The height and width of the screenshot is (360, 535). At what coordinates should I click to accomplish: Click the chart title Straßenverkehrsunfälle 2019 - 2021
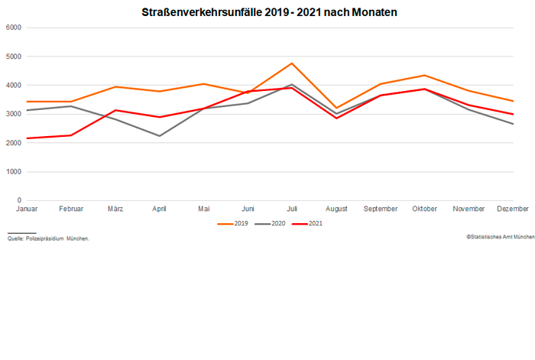pyautogui.click(x=269, y=13)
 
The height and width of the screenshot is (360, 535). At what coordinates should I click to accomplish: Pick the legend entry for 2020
pyautogui.click(x=271, y=223)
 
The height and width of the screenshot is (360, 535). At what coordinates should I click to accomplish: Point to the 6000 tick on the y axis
pyautogui.click(x=12, y=28)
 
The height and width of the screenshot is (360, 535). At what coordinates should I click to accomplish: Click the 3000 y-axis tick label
pyautogui.click(x=12, y=115)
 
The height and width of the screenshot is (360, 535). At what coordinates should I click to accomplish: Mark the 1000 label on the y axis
pyautogui.click(x=12, y=172)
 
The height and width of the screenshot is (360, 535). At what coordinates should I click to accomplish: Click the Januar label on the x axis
pyautogui.click(x=27, y=209)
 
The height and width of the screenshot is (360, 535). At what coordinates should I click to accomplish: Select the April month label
pyautogui.click(x=160, y=209)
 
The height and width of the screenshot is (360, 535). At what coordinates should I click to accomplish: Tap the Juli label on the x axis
pyautogui.click(x=292, y=209)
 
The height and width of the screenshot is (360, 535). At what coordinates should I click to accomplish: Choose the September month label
pyautogui.click(x=381, y=209)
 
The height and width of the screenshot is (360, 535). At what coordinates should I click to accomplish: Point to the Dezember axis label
pyautogui.click(x=512, y=209)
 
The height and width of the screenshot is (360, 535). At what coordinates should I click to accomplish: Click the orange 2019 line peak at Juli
pyautogui.click(x=292, y=63)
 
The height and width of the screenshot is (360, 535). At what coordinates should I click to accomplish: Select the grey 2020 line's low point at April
pyautogui.click(x=160, y=136)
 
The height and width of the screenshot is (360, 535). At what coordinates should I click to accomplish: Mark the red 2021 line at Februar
pyautogui.click(x=71, y=135)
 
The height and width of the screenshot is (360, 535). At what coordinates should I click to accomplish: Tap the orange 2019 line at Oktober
pyautogui.click(x=425, y=75)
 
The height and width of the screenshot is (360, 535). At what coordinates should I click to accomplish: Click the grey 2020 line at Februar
pyautogui.click(x=71, y=106)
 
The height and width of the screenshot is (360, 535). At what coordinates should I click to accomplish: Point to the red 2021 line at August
pyautogui.click(x=336, y=118)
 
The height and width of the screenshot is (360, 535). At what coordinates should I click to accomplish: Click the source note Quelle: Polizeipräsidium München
pyautogui.click(x=48, y=238)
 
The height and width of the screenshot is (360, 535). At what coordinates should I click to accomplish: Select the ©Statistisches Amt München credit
pyautogui.click(x=500, y=237)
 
